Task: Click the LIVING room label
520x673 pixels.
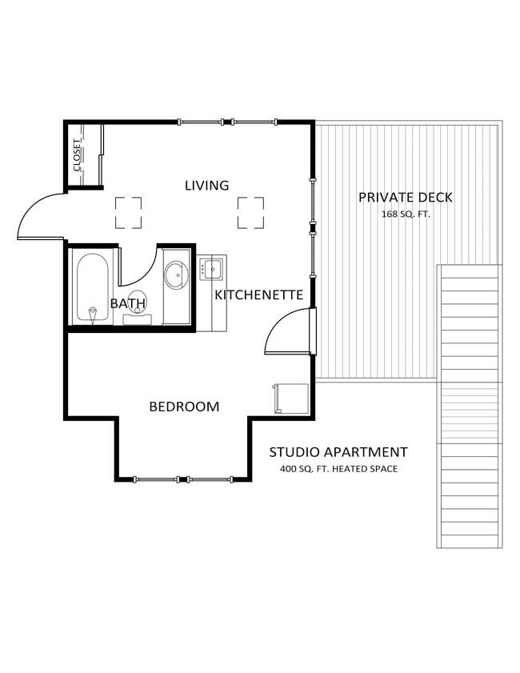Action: tap(206, 186)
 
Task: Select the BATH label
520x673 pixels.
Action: tap(127, 303)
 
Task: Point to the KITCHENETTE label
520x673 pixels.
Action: tap(258, 295)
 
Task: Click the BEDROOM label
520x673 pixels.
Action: tap(184, 407)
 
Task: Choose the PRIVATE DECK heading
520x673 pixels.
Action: tap(405, 198)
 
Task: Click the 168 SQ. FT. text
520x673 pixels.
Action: tap(406, 214)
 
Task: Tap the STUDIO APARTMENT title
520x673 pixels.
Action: tap(338, 452)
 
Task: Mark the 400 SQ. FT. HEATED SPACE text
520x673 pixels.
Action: tap(338, 469)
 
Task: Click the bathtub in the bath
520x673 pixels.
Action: tap(92, 286)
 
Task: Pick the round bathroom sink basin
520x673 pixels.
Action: tap(176, 275)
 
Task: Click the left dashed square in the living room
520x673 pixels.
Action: tap(128, 213)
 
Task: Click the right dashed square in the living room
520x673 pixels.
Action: tap(250, 213)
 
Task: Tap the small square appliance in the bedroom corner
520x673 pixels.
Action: tap(291, 398)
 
